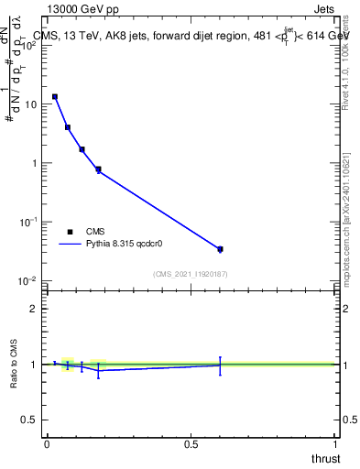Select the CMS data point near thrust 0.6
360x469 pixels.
click(x=220, y=249)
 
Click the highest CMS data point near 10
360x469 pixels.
click(x=55, y=96)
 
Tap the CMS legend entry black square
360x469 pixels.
click(x=70, y=232)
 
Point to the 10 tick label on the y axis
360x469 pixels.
click(x=31, y=104)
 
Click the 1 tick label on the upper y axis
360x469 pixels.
click(x=35, y=163)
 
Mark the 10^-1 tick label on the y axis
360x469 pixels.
click(x=29, y=222)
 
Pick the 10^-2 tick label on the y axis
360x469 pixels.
click(x=29, y=280)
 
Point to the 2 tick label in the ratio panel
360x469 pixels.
click(x=35, y=308)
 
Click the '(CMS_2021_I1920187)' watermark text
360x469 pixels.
click(x=190, y=274)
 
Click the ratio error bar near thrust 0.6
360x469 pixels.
click(x=220, y=365)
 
